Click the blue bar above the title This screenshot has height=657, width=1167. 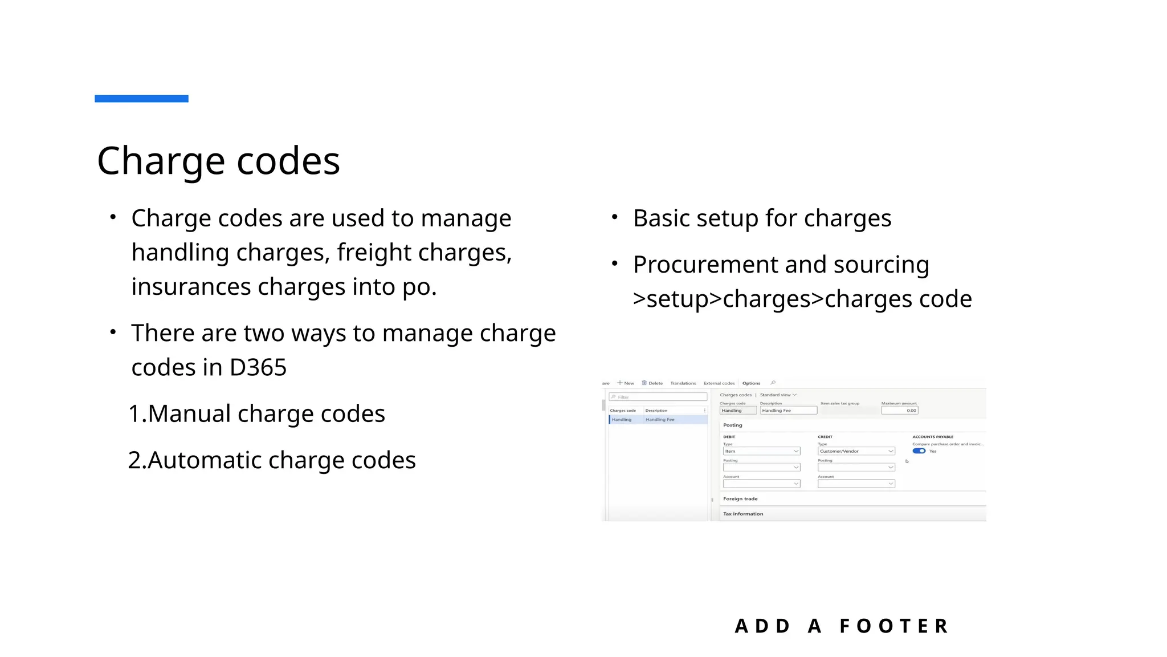click(x=141, y=99)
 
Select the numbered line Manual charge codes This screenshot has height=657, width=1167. click(x=256, y=414)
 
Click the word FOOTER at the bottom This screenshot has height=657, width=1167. click(x=894, y=626)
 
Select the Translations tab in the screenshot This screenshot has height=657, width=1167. click(x=683, y=383)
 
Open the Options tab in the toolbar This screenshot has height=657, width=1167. click(x=751, y=383)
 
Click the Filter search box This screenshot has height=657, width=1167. click(x=658, y=397)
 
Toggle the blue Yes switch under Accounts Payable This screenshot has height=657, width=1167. click(x=919, y=451)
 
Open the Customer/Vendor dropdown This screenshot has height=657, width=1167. click(x=856, y=451)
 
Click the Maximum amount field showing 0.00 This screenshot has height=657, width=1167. click(x=899, y=411)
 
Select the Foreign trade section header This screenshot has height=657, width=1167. click(x=740, y=499)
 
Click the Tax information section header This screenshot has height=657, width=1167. click(x=743, y=514)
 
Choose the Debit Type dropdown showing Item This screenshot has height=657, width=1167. click(x=761, y=451)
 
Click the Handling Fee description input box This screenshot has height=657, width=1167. click(x=788, y=411)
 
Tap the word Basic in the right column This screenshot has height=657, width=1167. click(x=661, y=219)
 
